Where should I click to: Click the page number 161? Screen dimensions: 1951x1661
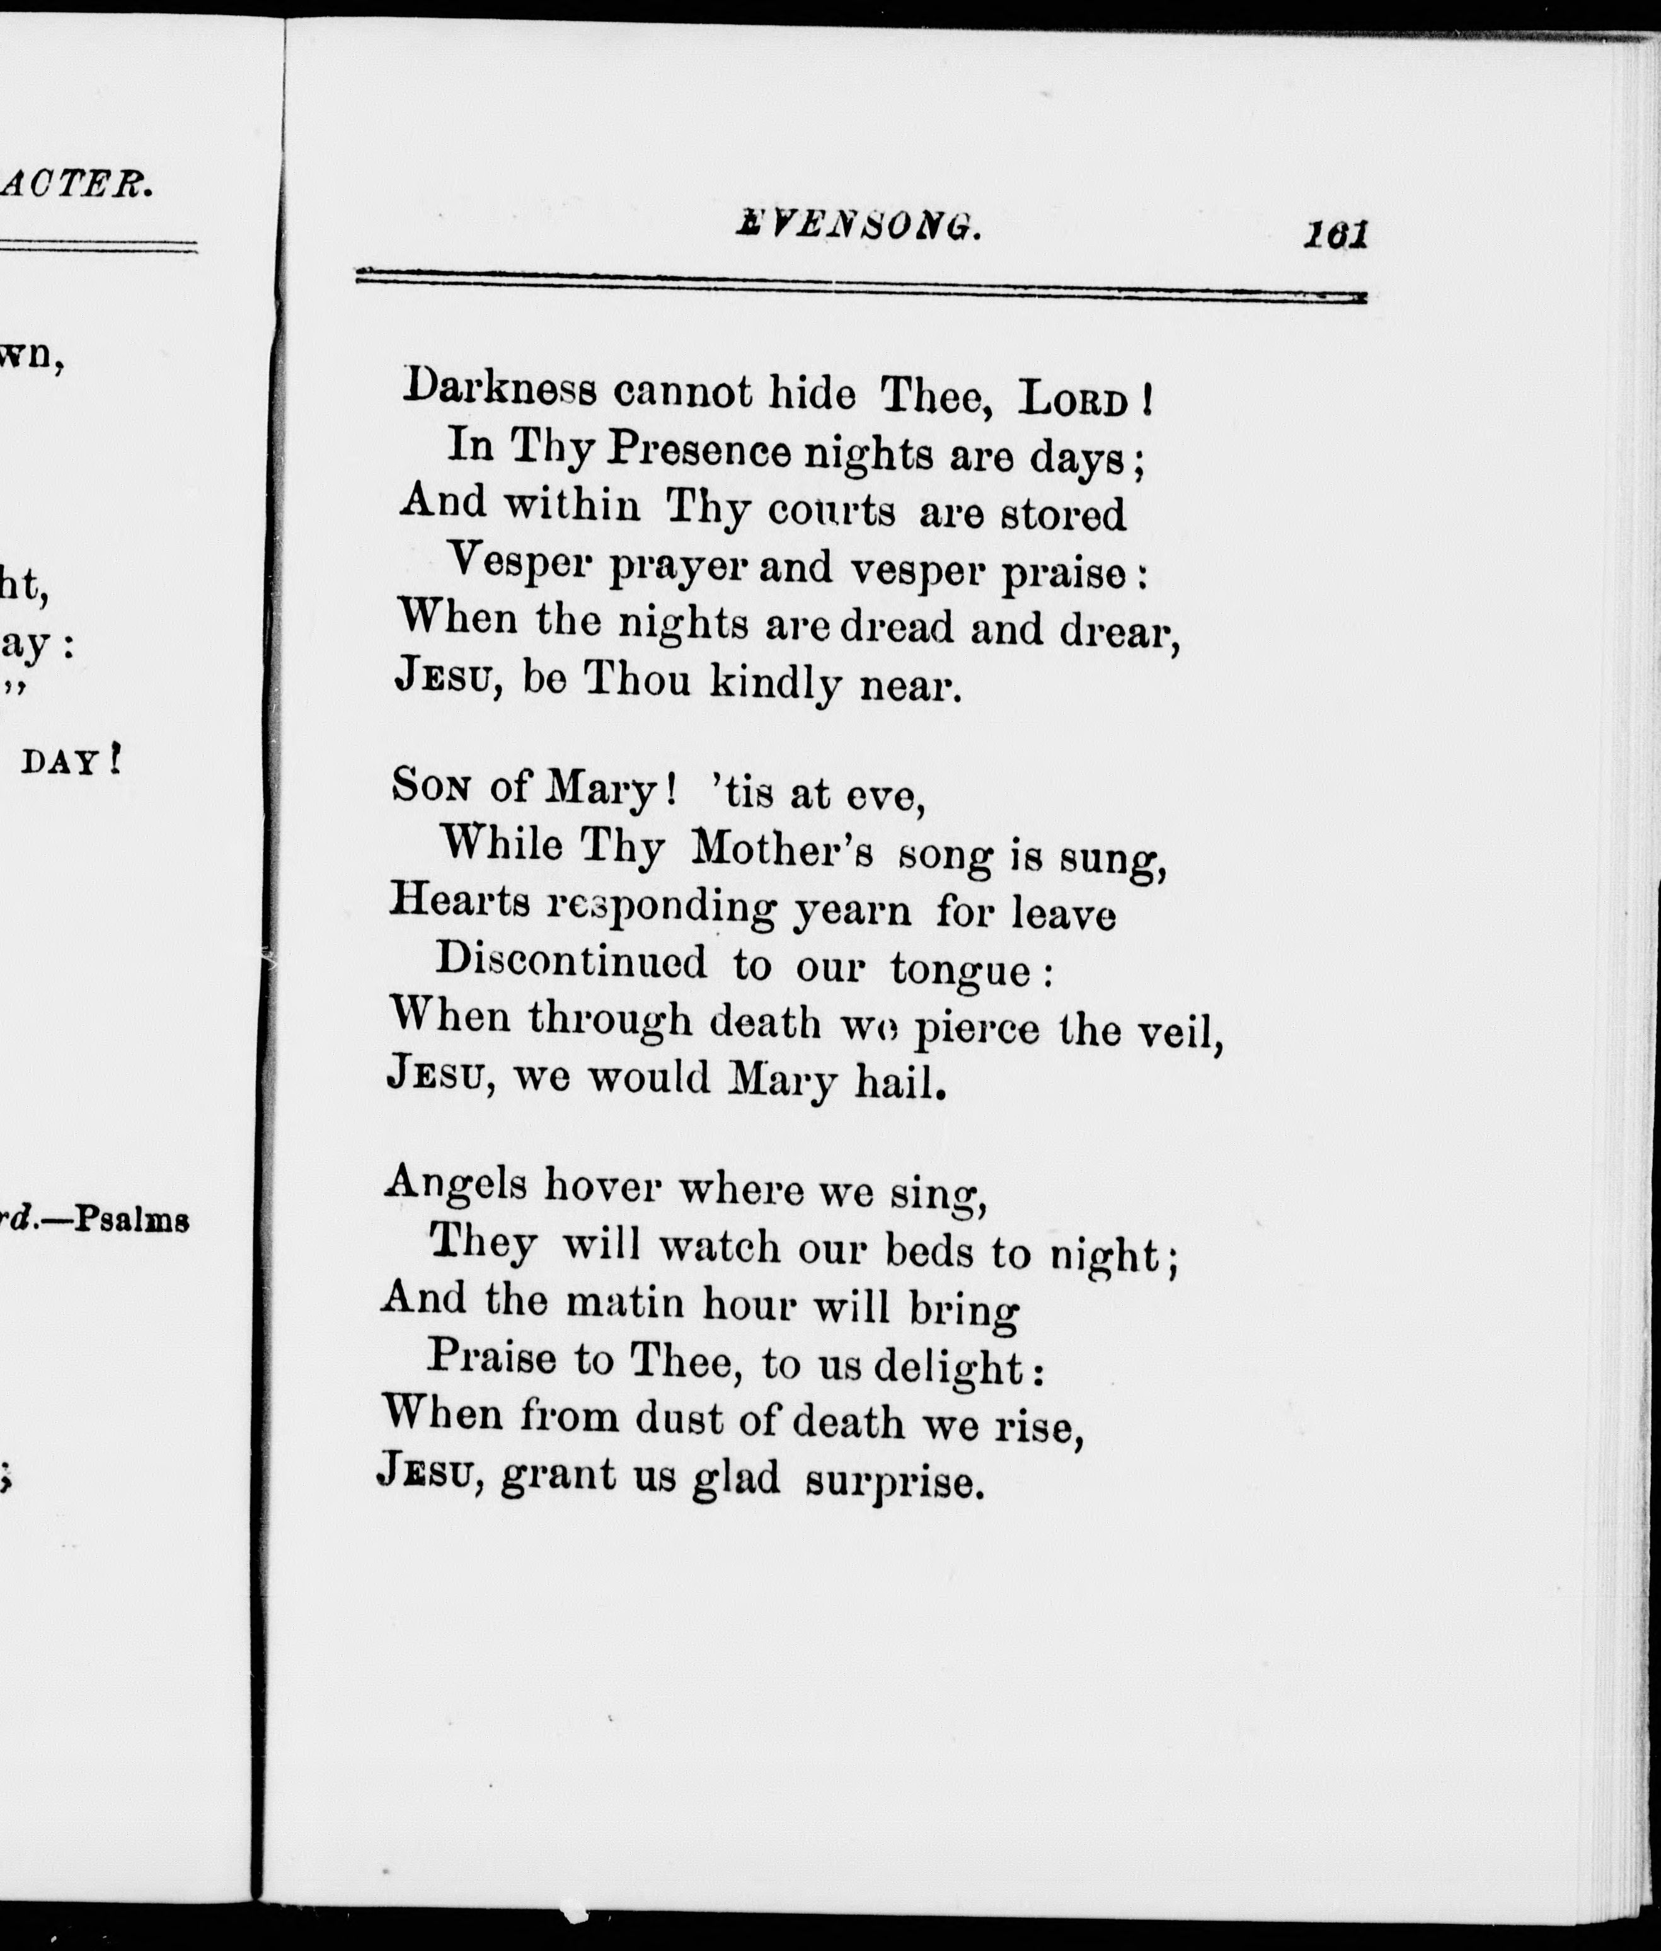pyautogui.click(x=1335, y=234)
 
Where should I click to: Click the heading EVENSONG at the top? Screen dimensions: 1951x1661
pyautogui.click(x=858, y=227)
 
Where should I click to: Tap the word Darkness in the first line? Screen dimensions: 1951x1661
pyautogui.click(x=499, y=389)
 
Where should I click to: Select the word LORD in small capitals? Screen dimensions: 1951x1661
pyautogui.click(x=1074, y=402)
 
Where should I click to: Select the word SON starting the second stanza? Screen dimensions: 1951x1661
pyautogui.click(x=431, y=785)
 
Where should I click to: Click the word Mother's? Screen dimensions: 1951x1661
pyautogui.click(x=781, y=849)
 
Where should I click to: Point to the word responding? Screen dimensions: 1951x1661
pyautogui.click(x=662, y=907)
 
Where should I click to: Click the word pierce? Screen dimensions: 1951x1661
pyautogui.click(x=977, y=1029)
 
